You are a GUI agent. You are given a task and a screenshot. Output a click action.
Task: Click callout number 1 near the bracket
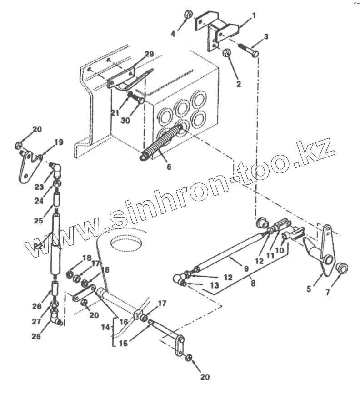(x=254, y=15)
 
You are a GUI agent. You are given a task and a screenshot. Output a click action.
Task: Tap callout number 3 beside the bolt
(x=266, y=36)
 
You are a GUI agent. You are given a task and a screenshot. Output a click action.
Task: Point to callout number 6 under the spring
(x=169, y=167)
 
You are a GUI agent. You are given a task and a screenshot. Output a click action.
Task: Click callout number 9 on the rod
(x=246, y=268)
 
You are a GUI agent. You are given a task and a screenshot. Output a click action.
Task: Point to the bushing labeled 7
(x=342, y=268)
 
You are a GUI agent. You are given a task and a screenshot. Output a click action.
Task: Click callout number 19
(x=59, y=142)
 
